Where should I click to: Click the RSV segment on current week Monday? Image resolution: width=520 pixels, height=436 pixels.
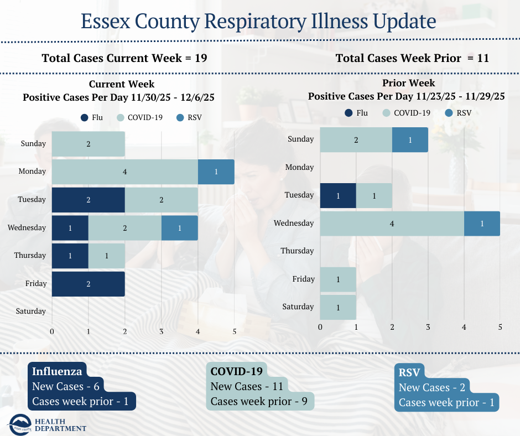(x=216, y=172)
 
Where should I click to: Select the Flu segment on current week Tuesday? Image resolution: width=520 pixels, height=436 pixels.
(x=88, y=200)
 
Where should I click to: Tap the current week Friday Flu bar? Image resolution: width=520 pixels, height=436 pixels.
(x=88, y=283)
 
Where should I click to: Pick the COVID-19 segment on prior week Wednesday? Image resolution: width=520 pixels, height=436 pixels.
(x=392, y=224)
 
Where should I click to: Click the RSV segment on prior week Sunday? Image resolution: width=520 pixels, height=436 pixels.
(x=410, y=140)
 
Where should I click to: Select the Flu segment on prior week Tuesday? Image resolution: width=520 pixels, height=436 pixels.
(x=338, y=196)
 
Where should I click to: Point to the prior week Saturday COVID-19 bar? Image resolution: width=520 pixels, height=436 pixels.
(x=338, y=307)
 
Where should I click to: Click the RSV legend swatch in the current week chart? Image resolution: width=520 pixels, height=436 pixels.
(x=180, y=117)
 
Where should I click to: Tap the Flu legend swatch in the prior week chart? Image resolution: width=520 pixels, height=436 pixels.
(x=349, y=113)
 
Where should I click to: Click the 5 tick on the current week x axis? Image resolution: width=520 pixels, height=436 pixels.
(x=235, y=331)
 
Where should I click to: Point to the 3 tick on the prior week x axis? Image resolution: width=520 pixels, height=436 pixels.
(x=428, y=327)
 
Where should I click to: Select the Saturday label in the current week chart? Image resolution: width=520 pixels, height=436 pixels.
(x=30, y=311)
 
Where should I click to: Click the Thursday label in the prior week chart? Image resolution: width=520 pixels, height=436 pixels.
(x=297, y=251)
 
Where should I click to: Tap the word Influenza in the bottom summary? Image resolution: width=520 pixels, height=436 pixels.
(x=57, y=371)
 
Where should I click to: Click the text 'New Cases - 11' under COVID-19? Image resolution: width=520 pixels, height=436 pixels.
(x=247, y=387)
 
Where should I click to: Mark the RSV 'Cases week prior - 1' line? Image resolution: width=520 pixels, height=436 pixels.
(x=446, y=402)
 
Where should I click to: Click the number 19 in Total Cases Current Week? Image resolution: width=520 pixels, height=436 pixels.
(x=201, y=58)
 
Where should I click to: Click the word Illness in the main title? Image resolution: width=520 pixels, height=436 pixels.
(x=339, y=22)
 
